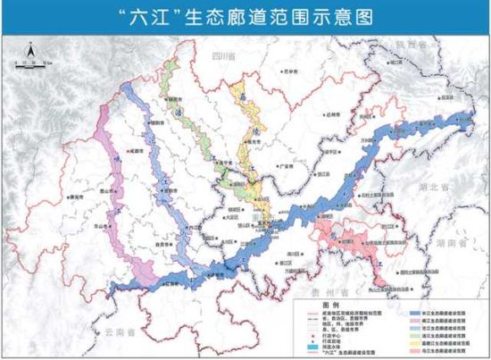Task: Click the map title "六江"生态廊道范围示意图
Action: point(245,15)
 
